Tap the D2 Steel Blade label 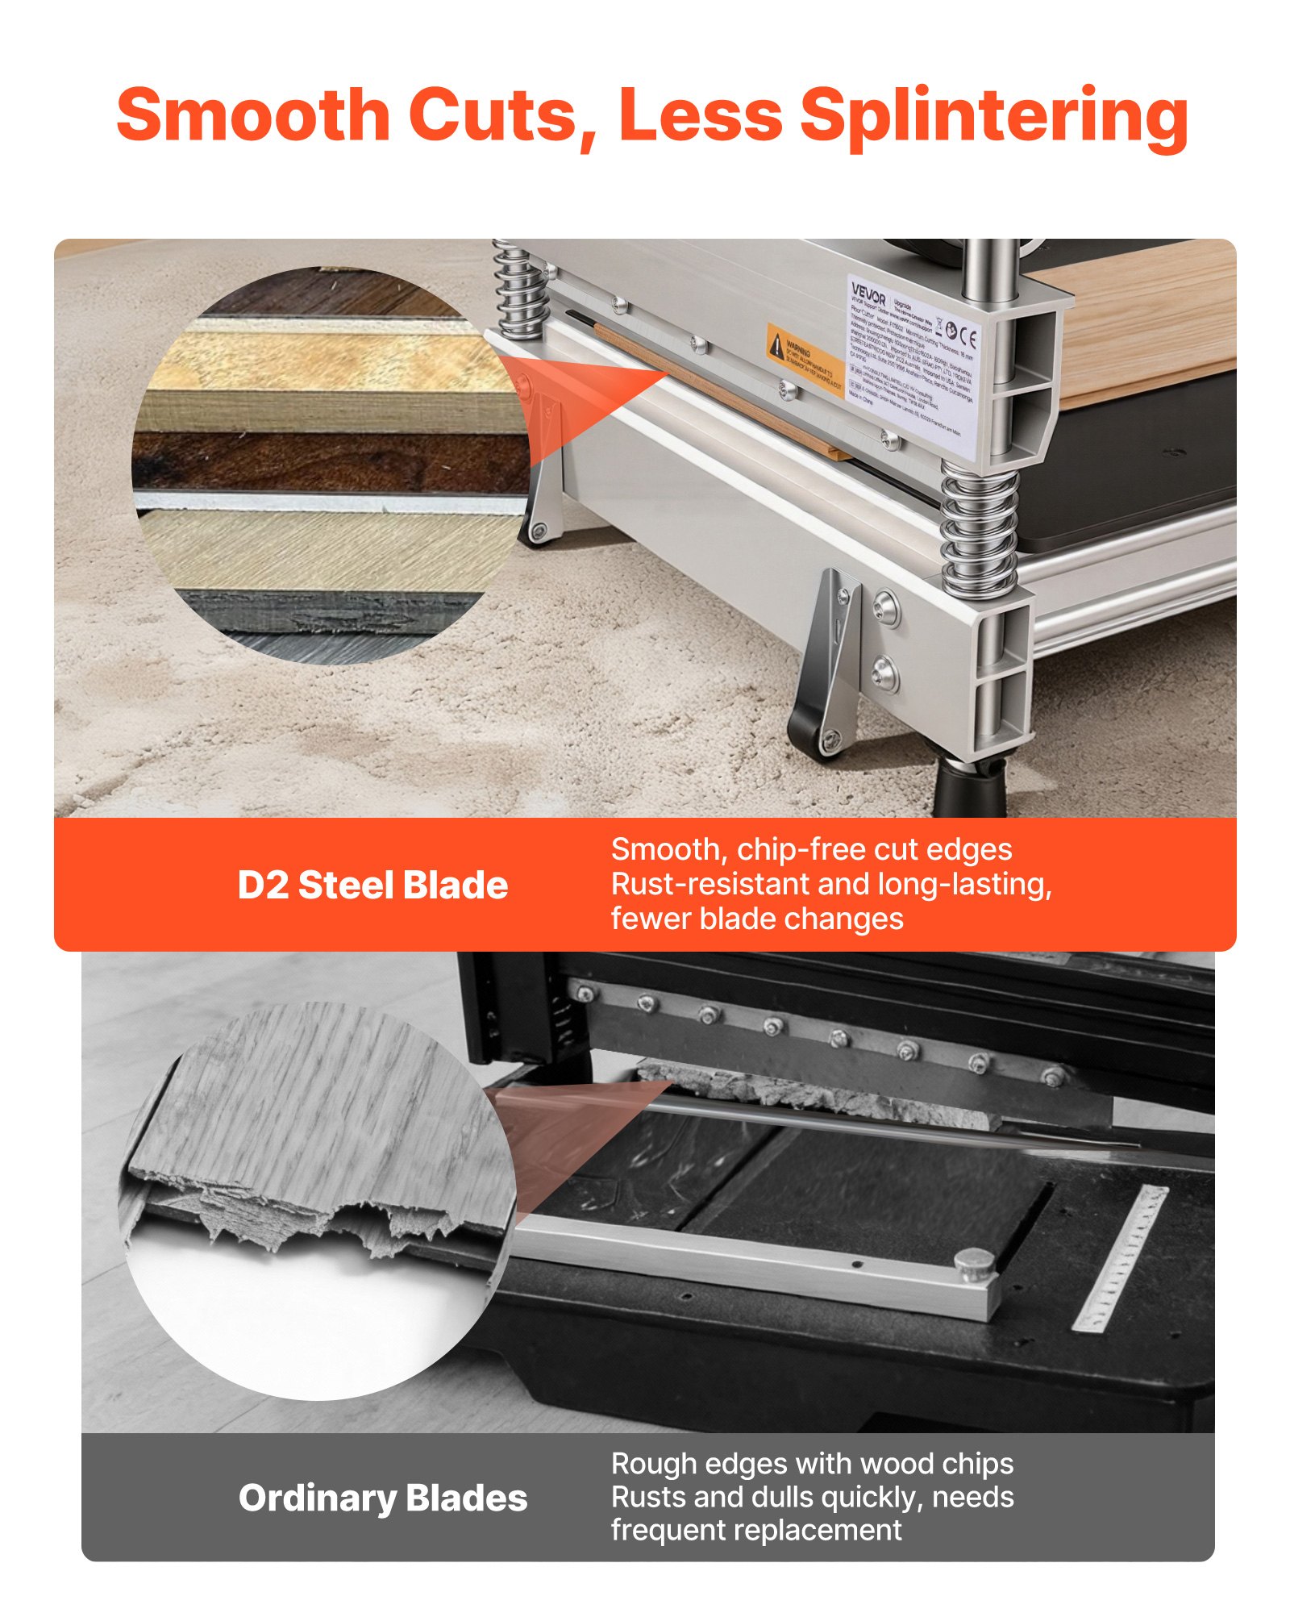click(372, 885)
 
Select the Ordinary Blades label click(383, 1498)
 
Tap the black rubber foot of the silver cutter click(969, 786)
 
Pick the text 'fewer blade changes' click(756, 919)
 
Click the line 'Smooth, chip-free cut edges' click(811, 849)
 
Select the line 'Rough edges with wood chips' click(812, 1464)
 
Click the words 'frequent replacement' click(755, 1530)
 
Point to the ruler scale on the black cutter click(1121, 1258)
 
